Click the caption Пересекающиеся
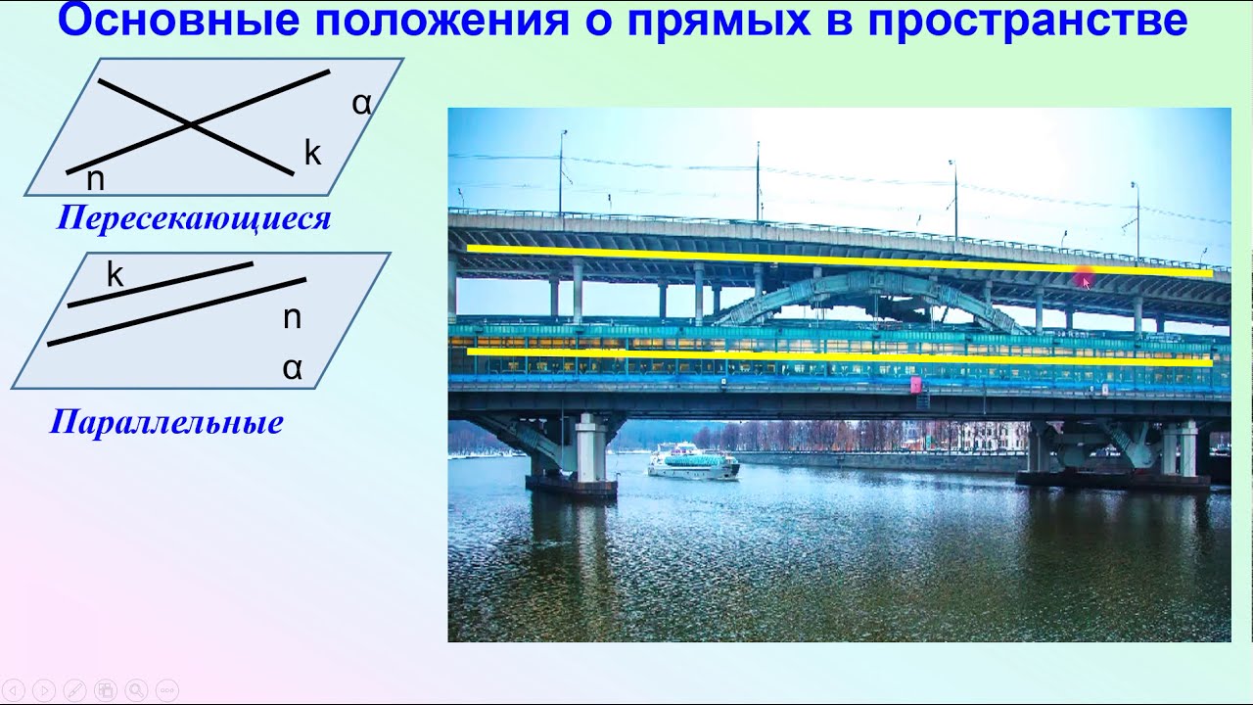[x=194, y=217]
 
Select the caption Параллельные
[x=166, y=422]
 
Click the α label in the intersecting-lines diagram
[x=361, y=103]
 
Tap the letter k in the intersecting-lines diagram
[x=312, y=153]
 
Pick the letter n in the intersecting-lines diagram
[x=95, y=179]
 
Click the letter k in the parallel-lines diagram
[x=115, y=275]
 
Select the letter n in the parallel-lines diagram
[x=292, y=317]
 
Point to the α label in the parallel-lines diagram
[x=292, y=368]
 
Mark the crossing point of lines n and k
[x=192, y=124]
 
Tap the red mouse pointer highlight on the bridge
[x=1085, y=280]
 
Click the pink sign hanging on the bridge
[x=917, y=385]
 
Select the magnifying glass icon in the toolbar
[x=136, y=688]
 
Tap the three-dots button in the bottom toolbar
[x=166, y=688]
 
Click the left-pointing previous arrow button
[x=15, y=688]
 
